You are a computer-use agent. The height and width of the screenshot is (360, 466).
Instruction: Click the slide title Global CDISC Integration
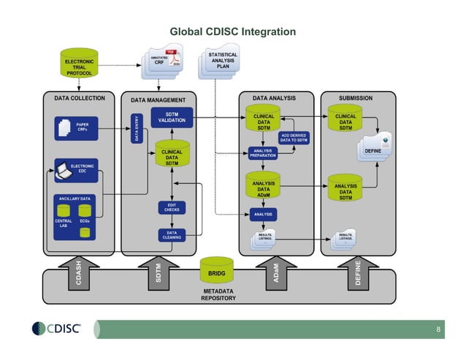232,32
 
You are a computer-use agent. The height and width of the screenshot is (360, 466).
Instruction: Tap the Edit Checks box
172,208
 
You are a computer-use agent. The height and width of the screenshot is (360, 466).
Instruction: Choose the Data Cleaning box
172,235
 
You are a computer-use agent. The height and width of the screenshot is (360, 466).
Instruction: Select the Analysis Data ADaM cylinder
263,188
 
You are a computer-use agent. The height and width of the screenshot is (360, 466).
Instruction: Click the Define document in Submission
374,150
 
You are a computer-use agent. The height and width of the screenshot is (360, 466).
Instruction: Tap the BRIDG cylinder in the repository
217,273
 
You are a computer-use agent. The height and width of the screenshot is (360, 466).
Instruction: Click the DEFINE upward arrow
357,272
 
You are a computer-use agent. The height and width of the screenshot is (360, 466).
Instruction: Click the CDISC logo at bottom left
57,329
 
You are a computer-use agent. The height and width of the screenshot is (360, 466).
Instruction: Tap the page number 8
438,330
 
